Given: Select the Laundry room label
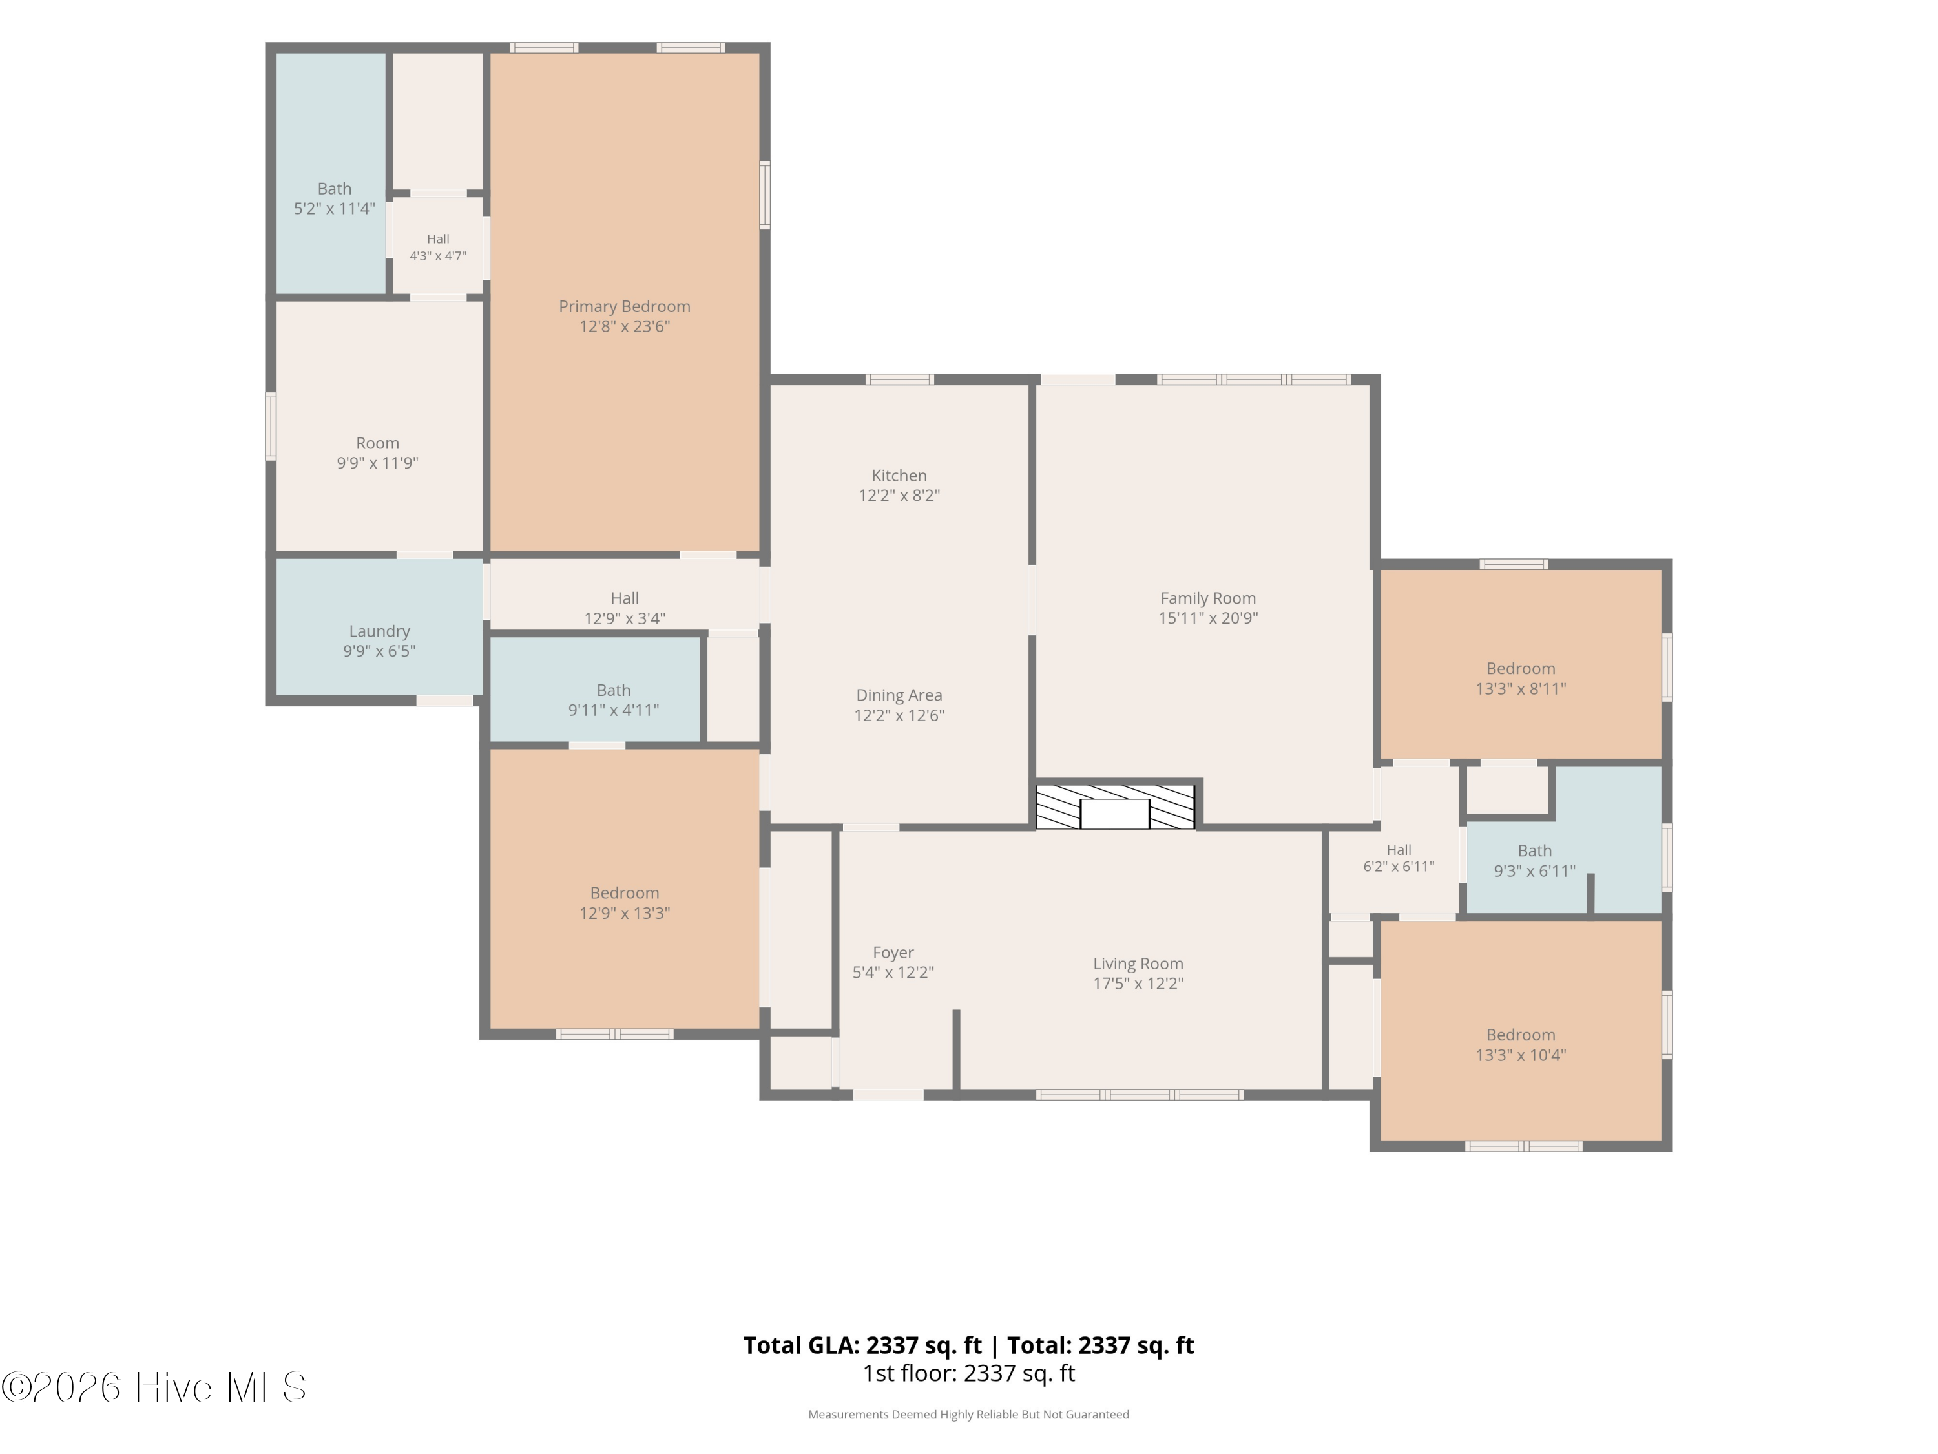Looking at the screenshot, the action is (x=379, y=631).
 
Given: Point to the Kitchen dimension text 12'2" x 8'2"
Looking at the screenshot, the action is (x=899, y=495).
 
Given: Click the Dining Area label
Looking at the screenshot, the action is (x=899, y=695).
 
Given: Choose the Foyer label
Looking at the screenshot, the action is (x=893, y=953).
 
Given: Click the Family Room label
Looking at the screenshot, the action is (x=1207, y=598).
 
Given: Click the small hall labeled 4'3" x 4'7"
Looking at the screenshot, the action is (x=437, y=247).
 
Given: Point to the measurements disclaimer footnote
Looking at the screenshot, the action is (x=968, y=1415).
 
